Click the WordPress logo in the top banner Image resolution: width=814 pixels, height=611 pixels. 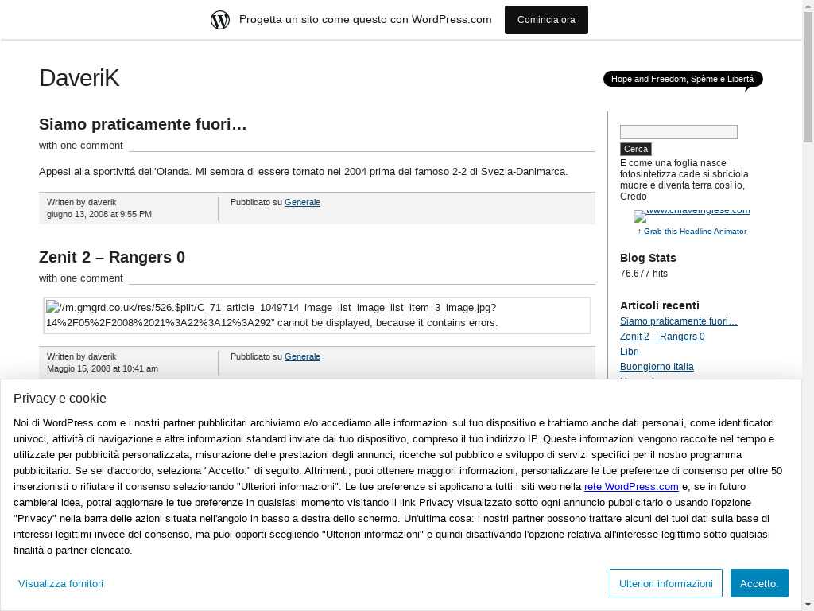click(220, 20)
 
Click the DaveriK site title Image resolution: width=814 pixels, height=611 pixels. click(79, 78)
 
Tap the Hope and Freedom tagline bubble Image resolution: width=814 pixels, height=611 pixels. click(682, 79)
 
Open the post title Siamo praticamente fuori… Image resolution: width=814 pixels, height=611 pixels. click(143, 124)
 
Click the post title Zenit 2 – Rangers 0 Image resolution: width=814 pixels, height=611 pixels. click(112, 257)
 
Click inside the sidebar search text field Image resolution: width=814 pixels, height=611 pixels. click(678, 132)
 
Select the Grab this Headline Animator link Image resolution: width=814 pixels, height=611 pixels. click(692, 232)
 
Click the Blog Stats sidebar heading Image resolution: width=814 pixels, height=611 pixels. click(648, 258)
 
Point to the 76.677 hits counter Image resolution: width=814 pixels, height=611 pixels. click(644, 274)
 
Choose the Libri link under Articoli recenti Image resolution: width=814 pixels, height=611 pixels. click(630, 352)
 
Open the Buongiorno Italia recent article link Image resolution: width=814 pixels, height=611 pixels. click(657, 367)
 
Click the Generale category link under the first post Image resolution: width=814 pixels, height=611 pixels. click(302, 202)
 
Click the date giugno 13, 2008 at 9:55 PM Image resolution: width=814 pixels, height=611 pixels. click(99, 214)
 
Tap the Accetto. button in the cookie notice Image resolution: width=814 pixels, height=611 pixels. click(759, 583)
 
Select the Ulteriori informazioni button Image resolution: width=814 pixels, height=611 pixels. click(665, 583)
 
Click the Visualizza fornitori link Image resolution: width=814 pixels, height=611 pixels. click(60, 583)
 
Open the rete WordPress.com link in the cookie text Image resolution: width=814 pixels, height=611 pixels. click(631, 487)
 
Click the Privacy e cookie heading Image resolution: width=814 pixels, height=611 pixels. click(60, 399)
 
